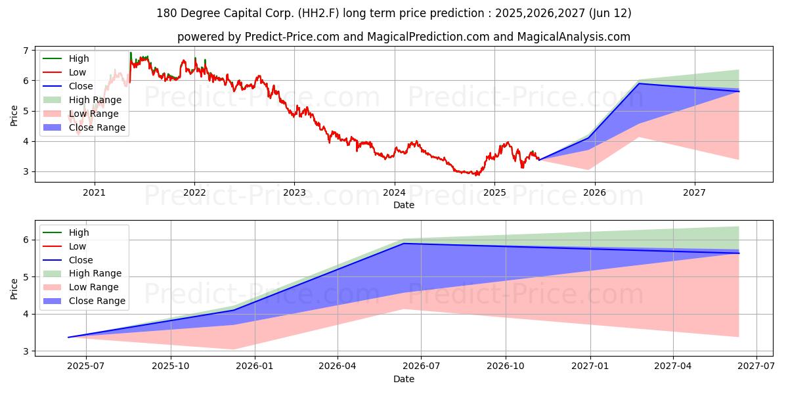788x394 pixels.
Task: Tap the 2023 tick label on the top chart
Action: click(x=294, y=192)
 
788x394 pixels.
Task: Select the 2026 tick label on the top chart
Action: click(x=594, y=192)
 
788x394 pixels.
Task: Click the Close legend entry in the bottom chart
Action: click(x=81, y=260)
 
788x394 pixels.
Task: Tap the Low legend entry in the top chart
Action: click(x=77, y=72)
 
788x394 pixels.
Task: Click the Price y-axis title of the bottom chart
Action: click(x=14, y=288)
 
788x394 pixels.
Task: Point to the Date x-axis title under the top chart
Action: click(x=403, y=205)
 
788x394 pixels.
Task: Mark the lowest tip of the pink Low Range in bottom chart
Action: click(x=235, y=349)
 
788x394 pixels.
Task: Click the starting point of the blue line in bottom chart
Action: click(x=68, y=338)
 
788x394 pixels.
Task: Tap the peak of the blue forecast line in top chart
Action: click(x=639, y=83)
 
